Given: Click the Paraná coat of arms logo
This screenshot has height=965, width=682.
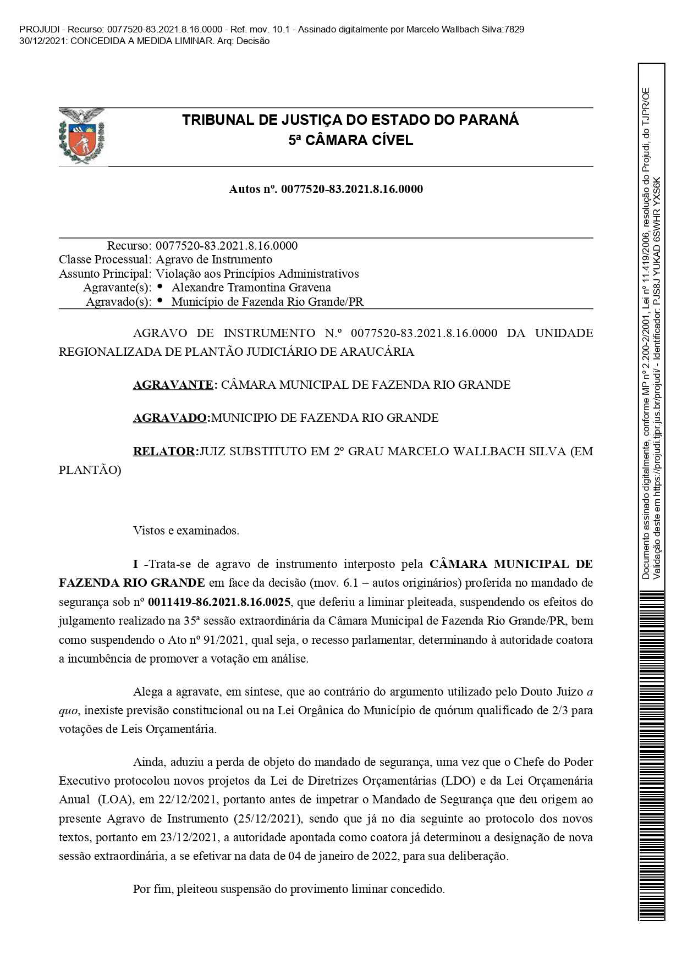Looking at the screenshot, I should click(82, 135).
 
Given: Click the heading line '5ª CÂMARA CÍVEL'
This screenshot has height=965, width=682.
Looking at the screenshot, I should click(350, 141).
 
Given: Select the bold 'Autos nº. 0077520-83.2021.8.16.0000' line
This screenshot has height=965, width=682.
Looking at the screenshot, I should click(326, 190).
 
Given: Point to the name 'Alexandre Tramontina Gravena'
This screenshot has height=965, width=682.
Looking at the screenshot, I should click(251, 288).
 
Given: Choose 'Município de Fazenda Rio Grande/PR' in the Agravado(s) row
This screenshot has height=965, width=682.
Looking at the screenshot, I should click(267, 302).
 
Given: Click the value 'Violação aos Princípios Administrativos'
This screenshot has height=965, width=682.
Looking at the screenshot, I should click(257, 274).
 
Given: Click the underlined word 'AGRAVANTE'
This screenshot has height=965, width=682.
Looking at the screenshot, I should click(173, 385).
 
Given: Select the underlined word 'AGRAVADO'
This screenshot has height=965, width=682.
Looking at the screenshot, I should click(170, 418).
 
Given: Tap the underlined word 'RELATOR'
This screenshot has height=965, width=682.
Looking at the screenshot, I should click(164, 451).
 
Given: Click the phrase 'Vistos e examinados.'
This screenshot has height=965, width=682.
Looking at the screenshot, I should click(186, 531).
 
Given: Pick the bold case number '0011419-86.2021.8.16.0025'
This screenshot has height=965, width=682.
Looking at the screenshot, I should click(219, 602).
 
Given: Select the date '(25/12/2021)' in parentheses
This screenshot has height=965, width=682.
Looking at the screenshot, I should click(268, 819).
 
